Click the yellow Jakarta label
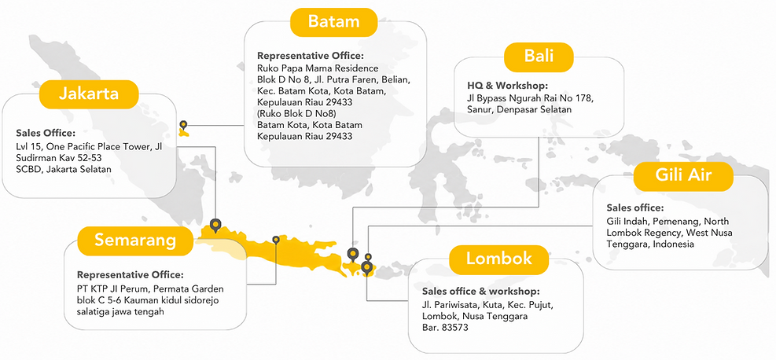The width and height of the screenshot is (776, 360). click(x=89, y=94)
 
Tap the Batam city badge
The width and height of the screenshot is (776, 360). click(x=333, y=22)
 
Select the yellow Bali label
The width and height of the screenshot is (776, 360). click(x=539, y=57)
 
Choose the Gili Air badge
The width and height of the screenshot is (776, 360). click(x=683, y=176)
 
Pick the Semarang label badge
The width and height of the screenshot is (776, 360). click(x=135, y=241)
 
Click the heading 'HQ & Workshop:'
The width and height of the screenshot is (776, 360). click(x=508, y=85)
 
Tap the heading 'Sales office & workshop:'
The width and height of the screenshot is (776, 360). click(x=480, y=292)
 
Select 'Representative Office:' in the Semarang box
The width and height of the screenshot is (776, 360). click(x=131, y=274)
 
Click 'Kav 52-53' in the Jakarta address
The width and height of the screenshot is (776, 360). click(x=81, y=158)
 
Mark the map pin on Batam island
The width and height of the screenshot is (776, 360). click(x=184, y=125)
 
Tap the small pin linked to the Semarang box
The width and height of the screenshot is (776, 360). click(x=276, y=240)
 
